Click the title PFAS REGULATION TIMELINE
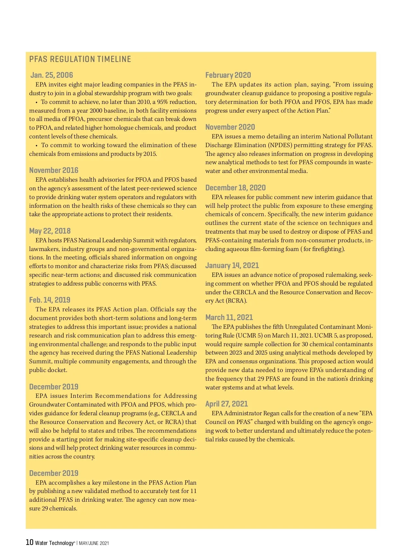click(x=80, y=59)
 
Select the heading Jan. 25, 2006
click(x=52, y=75)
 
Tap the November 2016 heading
click(x=54, y=170)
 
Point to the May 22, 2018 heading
click(x=50, y=231)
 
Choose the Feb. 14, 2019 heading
click(x=50, y=300)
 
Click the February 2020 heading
click(x=228, y=75)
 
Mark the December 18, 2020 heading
click(x=236, y=188)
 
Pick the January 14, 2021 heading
click(x=232, y=265)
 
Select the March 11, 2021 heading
click(x=229, y=317)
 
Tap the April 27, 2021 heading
click(x=227, y=404)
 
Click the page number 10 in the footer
click(x=29, y=542)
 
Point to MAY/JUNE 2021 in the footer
click(x=94, y=543)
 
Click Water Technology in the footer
click(x=54, y=543)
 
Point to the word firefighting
click(x=327, y=249)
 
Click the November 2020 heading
click(x=230, y=127)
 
